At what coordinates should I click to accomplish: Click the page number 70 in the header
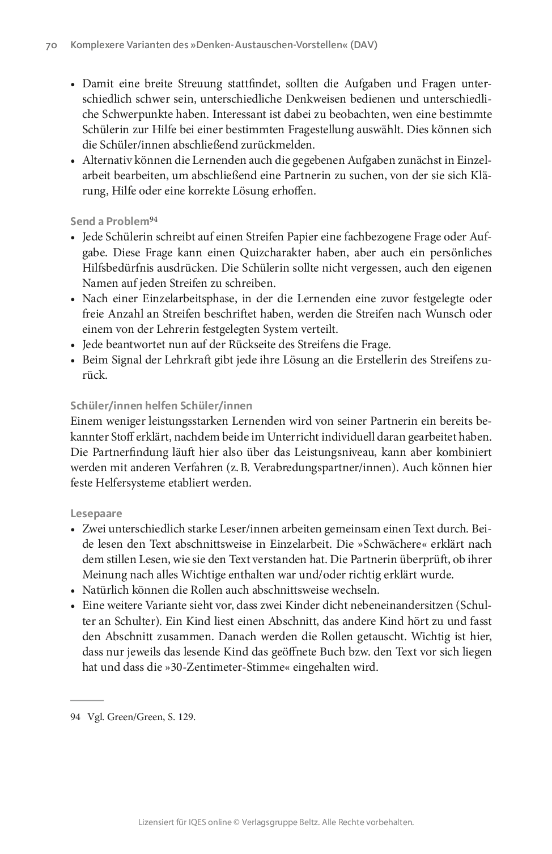50,45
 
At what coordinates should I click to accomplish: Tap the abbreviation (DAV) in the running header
363,45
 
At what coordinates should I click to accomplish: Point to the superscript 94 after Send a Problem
153,219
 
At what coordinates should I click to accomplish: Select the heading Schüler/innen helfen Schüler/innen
161,405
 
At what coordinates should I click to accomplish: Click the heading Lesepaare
96,514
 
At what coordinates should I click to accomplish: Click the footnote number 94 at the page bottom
75,717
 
